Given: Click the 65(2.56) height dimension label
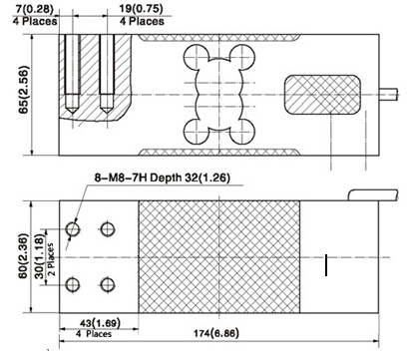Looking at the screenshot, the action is point(25,90).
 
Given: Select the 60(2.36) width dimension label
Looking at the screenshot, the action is point(24,256).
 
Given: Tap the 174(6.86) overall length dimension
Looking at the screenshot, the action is point(216,333).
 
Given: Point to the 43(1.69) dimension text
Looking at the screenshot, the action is point(100,322).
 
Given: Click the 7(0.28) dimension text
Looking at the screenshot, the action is point(34,9).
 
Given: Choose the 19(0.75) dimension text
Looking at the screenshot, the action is point(142,9).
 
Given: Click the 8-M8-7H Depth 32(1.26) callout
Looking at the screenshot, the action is point(163,178).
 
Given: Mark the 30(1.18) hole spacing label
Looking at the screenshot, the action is point(40,256).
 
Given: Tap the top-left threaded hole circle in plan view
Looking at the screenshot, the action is point(73,229).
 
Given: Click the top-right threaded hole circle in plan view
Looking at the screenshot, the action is point(108,229).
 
